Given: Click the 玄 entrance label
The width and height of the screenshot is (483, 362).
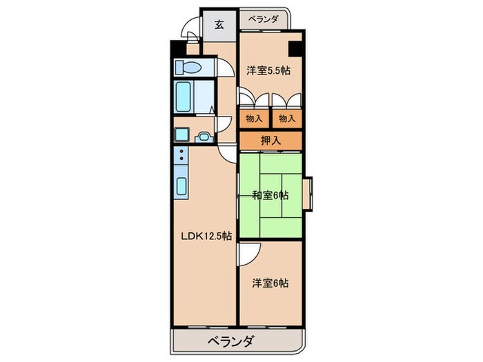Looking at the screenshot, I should click(219, 25).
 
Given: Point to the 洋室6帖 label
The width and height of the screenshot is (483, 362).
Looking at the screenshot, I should click(270, 283).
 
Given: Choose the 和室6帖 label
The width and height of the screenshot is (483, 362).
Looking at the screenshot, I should click(270, 195).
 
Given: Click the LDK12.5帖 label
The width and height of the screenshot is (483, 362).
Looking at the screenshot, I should click(206, 237).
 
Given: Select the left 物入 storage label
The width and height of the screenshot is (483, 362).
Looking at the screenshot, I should click(254, 118).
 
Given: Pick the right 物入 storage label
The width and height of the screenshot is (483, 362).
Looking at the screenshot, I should click(286, 118).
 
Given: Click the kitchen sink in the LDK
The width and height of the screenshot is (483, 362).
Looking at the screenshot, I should click(181, 185).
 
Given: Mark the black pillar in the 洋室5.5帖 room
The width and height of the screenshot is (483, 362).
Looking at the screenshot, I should click(295, 50).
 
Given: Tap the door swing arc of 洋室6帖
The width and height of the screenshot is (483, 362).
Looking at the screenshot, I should click(248, 254).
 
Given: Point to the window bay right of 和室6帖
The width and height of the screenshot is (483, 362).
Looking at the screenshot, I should click(308, 194).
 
